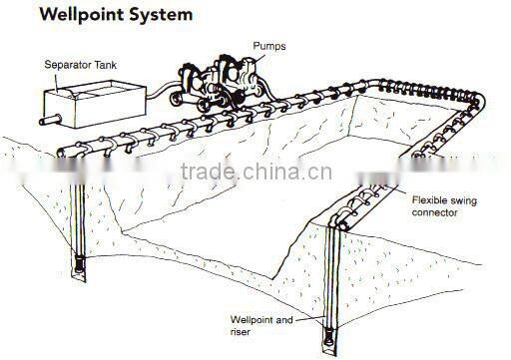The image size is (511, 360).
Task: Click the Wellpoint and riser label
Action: (262, 326)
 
